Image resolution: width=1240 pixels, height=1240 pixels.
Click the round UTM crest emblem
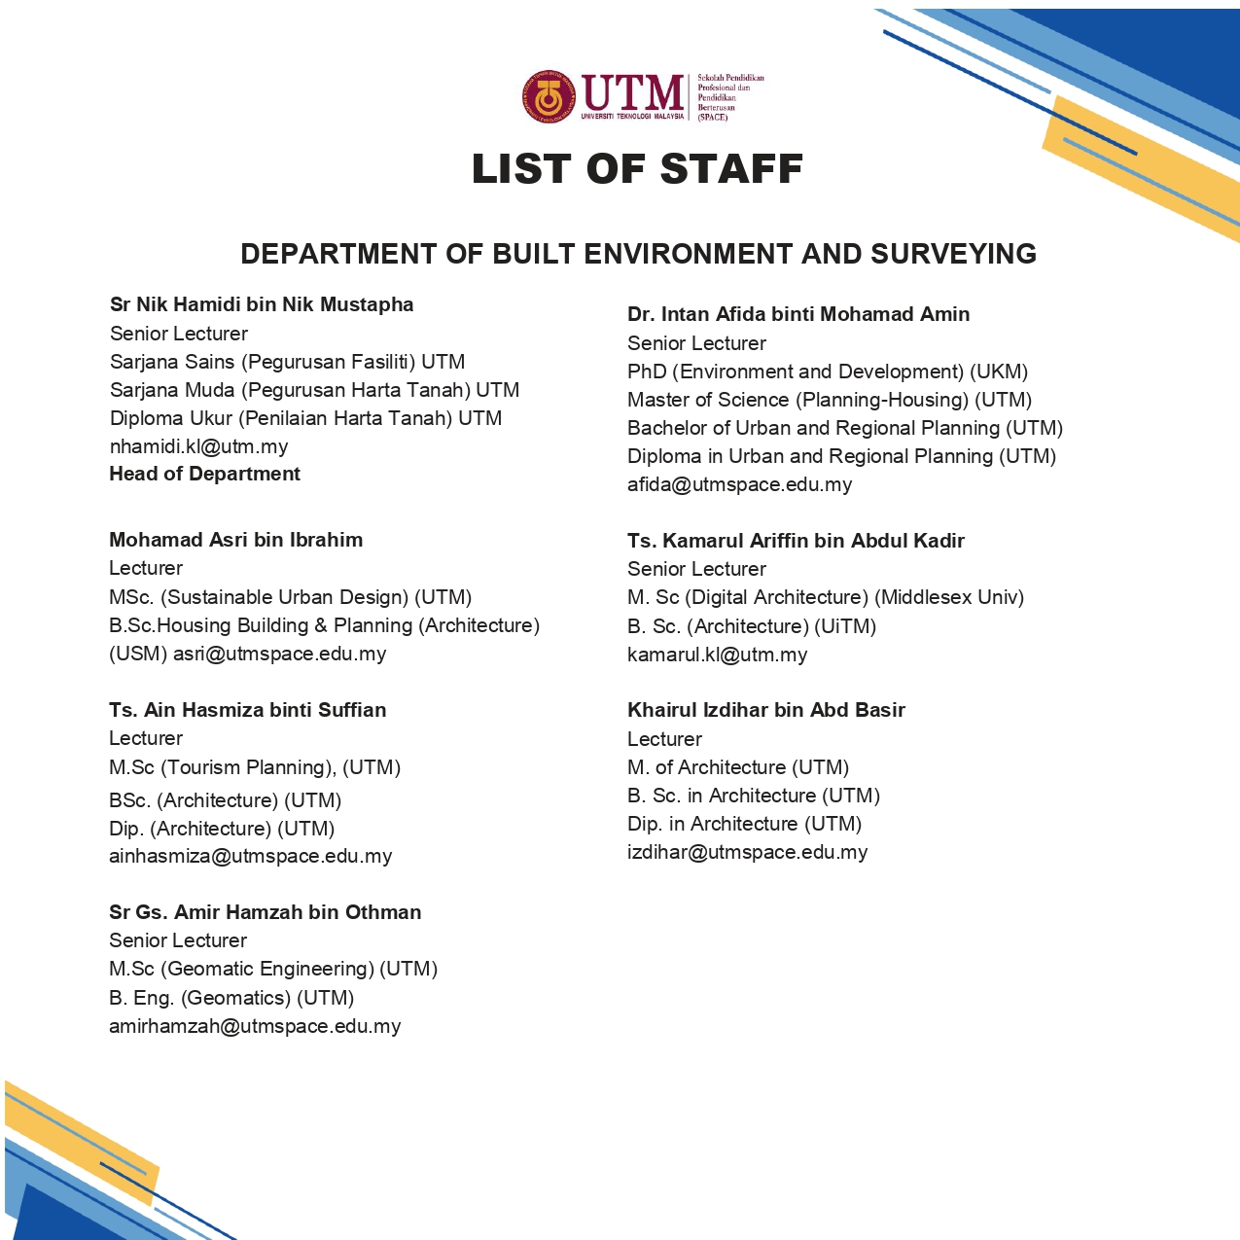coord(549,96)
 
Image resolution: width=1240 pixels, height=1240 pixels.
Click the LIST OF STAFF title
coord(637,169)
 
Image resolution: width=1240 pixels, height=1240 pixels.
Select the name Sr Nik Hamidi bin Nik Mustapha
coord(262,304)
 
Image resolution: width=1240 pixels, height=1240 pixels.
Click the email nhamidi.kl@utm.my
coord(198,446)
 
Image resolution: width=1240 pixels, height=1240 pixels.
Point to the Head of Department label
coord(204,474)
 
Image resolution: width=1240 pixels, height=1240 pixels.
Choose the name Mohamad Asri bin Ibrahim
coord(235,540)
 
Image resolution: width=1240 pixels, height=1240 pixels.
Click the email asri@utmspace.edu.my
coord(280,654)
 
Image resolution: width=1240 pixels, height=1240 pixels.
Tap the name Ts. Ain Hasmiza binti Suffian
coord(247,710)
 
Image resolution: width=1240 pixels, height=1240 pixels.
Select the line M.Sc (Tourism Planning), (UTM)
coord(255,767)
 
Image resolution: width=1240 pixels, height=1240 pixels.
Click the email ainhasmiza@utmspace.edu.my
coord(250,856)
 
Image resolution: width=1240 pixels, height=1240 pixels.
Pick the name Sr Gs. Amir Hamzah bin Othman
coord(265,912)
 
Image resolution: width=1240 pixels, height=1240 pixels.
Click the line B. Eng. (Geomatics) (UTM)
coord(231,998)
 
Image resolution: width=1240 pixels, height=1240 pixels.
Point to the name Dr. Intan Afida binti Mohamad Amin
coord(798,314)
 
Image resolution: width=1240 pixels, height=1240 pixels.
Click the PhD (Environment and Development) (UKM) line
coord(828,372)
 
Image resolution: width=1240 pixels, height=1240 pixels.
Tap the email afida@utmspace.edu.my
coord(739,484)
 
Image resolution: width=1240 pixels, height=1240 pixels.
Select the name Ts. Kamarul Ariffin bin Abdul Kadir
coord(796,541)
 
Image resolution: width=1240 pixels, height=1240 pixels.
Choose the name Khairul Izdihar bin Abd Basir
coord(765,710)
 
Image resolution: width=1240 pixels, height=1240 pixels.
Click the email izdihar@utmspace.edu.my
coord(747,852)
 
